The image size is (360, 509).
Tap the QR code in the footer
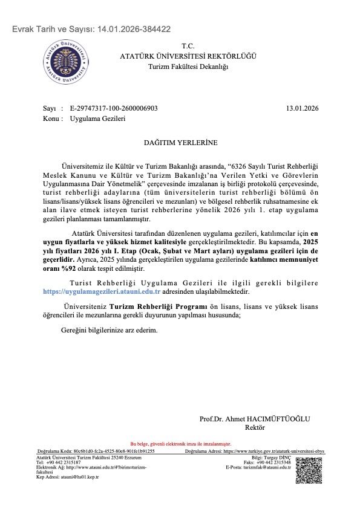tap(307, 470)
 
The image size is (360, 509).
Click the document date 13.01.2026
tap(301, 108)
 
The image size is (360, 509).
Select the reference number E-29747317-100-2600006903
tap(114, 108)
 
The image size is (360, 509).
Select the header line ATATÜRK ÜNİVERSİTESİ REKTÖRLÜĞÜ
tap(188, 56)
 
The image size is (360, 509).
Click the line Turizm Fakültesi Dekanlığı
tap(188, 66)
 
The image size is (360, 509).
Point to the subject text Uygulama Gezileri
tap(97, 118)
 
